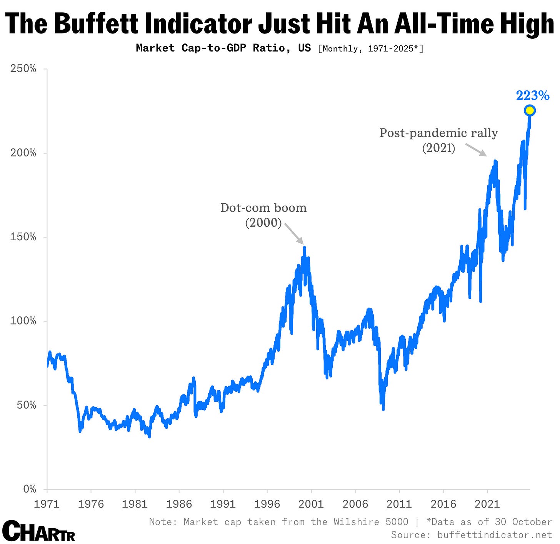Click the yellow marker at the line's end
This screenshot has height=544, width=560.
(530, 110)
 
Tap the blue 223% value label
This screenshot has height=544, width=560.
(532, 95)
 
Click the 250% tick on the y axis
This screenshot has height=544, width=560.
(23, 69)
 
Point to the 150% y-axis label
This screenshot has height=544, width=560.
(23, 237)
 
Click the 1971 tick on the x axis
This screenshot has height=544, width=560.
(47, 504)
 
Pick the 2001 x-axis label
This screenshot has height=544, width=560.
(311, 504)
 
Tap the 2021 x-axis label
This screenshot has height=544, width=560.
(487, 504)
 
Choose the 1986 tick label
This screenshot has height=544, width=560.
(179, 504)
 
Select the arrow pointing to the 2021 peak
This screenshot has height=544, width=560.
(476, 150)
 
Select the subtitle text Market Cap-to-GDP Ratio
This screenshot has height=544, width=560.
(223, 48)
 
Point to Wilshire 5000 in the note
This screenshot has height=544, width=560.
(371, 522)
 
